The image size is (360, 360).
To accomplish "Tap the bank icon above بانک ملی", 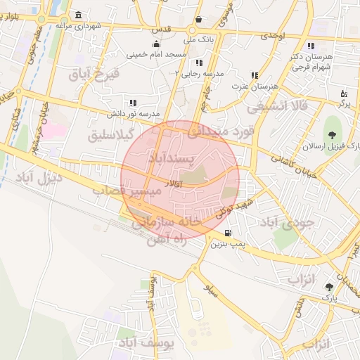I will tap(199, 20).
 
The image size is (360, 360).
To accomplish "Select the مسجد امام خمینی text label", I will tap(156, 54).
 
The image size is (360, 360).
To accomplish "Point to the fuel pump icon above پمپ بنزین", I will tap(227, 233).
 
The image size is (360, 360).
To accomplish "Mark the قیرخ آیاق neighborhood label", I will tap(96, 73).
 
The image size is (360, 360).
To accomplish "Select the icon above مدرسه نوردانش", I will tap(133, 103).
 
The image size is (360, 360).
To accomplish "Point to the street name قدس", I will tap(162, 31).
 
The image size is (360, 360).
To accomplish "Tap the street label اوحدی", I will tap(272, 34).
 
